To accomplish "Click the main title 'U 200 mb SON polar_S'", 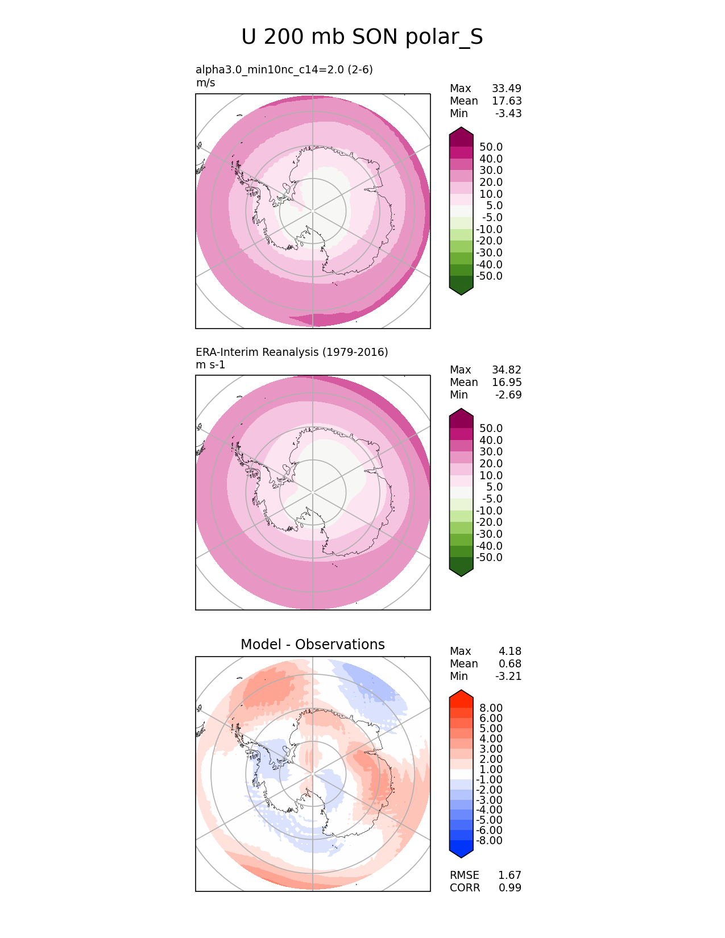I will pos(362,38).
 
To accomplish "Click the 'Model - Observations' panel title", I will pos(312,645).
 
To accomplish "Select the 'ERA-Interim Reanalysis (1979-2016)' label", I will pos(292,352).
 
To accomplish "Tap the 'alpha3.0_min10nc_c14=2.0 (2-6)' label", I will pos(284,70).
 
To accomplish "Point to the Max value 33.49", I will pos(506,89).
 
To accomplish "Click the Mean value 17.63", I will pos(506,101).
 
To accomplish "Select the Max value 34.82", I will pos(506,370).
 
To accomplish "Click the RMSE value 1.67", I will pos(509,875).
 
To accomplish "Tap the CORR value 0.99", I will pos(509,888).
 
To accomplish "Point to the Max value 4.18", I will pos(509,651).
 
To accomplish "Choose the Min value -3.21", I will pos(508,676).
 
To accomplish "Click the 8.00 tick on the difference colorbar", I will pos(491,708).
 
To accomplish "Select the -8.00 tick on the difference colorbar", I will pos(489,841).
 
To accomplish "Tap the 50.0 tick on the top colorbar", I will pos(491,147).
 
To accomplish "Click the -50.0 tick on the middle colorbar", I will pos(489,558).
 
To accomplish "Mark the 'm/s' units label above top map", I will pos(205,83).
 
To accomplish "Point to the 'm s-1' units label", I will pos(210,365).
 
